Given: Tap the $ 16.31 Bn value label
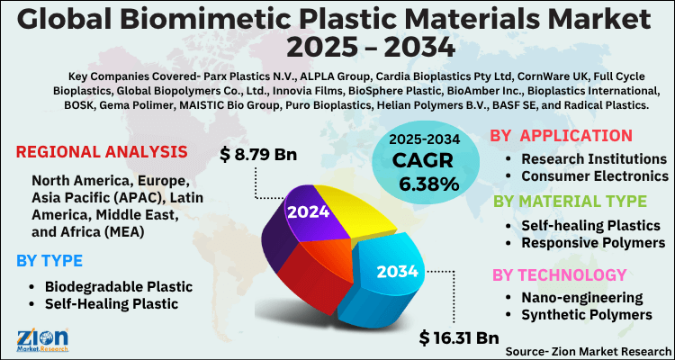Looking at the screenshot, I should pyautogui.click(x=459, y=338).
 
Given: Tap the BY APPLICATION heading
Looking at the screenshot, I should pyautogui.click(x=560, y=136).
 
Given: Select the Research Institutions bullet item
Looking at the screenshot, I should pyautogui.click(x=594, y=158).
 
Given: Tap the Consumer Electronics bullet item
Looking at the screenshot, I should pyautogui.click(x=596, y=175).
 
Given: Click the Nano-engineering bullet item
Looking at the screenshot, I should pyautogui.click(x=582, y=297).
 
